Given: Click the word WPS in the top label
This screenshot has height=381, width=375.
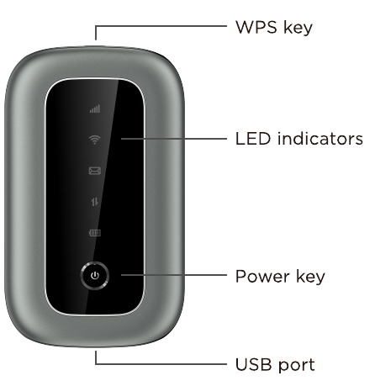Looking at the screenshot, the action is pos(256,27).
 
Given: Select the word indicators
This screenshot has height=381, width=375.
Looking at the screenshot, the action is pos(320,139).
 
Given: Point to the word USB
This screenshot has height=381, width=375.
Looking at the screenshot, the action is pos(254,364).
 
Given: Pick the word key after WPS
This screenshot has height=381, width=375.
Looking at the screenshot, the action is pos(298,28).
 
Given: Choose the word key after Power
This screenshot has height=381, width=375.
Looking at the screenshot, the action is pos(310,277).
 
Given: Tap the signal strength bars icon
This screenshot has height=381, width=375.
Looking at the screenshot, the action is pos(95,108).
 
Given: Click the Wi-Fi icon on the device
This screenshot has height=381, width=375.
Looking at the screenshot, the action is pos(95,140).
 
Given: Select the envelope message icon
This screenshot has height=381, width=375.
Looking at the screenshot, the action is pos(95,171).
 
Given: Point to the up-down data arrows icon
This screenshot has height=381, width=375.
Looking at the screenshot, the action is pos(95,202).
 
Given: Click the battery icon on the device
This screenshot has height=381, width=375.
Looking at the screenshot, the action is pos(95,233).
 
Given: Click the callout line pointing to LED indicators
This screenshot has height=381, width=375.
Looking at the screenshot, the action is pos(174,139).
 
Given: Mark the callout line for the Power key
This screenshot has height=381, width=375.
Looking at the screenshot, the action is pos(174,275).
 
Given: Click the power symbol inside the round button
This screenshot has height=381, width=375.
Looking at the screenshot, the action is pos(95,276).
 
